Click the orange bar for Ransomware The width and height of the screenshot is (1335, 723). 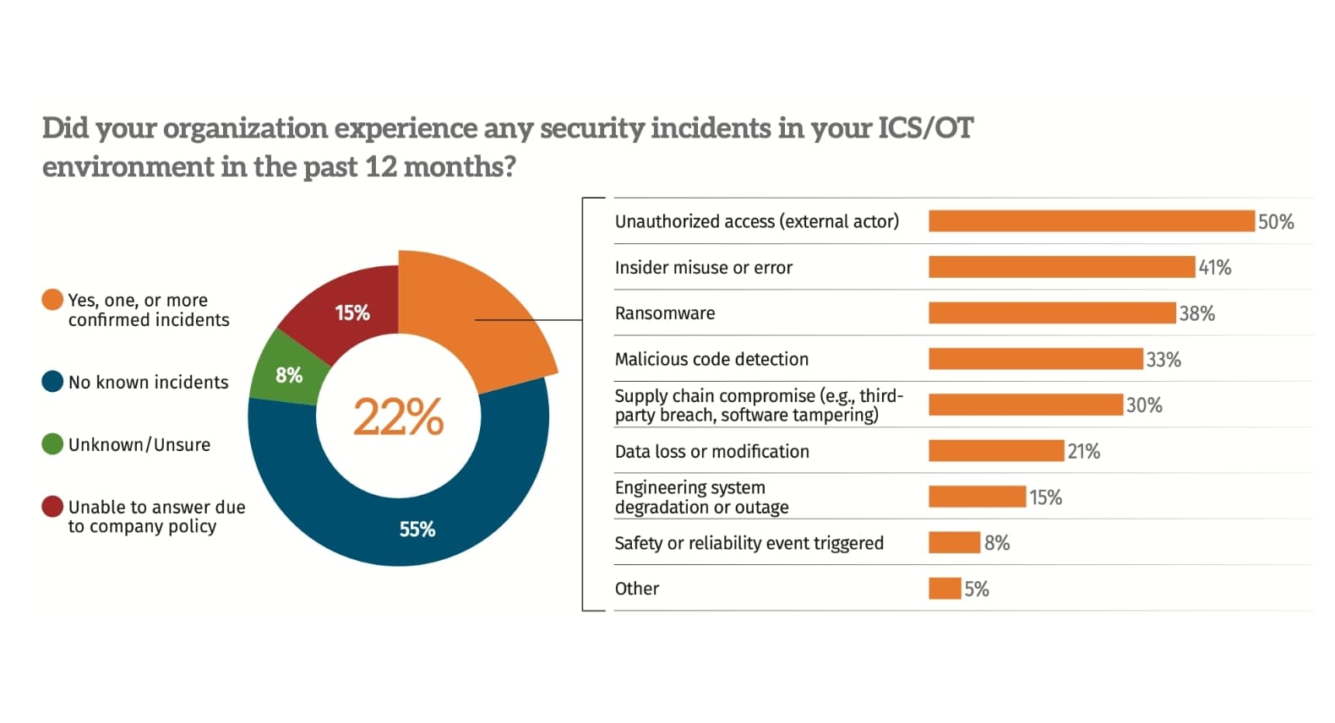click(1051, 313)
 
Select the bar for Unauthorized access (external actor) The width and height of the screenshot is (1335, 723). click(1091, 221)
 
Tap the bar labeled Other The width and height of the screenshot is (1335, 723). click(944, 589)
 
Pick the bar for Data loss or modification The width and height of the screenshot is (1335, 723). click(995, 451)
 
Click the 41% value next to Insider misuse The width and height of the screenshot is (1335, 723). click(1214, 268)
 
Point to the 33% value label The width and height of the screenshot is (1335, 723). click(1163, 360)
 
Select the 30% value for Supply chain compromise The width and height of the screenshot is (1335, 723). click(1144, 405)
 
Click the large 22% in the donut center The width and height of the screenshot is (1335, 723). click(398, 417)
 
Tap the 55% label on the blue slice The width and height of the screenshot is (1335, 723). click(417, 530)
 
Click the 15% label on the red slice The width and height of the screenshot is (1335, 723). click(352, 313)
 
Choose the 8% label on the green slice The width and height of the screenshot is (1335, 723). click(289, 375)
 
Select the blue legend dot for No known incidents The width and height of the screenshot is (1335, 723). click(52, 382)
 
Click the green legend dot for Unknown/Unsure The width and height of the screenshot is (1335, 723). click(52, 444)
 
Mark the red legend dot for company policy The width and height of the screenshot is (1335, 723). click(52, 507)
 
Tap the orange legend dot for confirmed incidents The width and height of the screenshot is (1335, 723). click(52, 300)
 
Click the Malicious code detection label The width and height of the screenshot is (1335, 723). click(711, 360)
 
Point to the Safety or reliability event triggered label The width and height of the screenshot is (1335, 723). click(749, 543)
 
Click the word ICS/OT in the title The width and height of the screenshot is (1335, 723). click(925, 128)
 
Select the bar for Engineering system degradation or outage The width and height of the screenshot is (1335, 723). click(977, 497)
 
